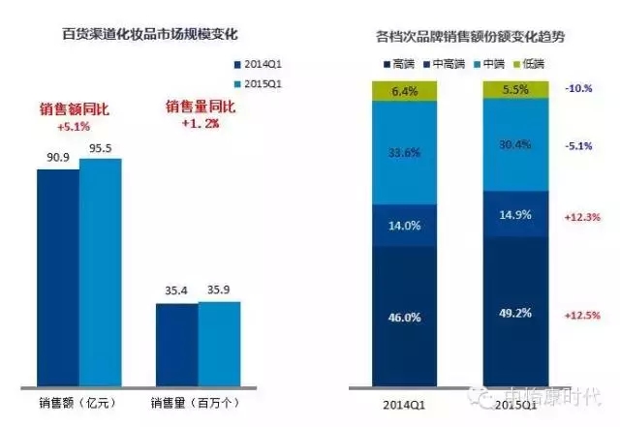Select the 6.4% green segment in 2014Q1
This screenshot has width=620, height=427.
[x=405, y=92]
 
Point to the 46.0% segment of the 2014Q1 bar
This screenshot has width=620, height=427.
[x=405, y=316]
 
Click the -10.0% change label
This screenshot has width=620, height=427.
[x=578, y=87]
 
